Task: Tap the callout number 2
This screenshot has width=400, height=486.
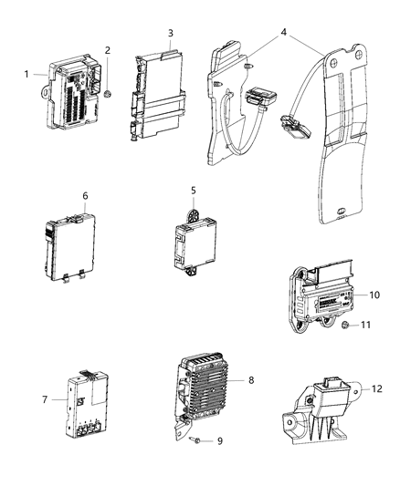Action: (107, 50)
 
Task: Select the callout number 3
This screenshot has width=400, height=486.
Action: (171, 33)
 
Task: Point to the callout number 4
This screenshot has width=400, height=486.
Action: (284, 34)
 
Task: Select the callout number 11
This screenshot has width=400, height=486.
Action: (363, 350)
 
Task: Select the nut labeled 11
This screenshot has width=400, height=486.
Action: (342, 350)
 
